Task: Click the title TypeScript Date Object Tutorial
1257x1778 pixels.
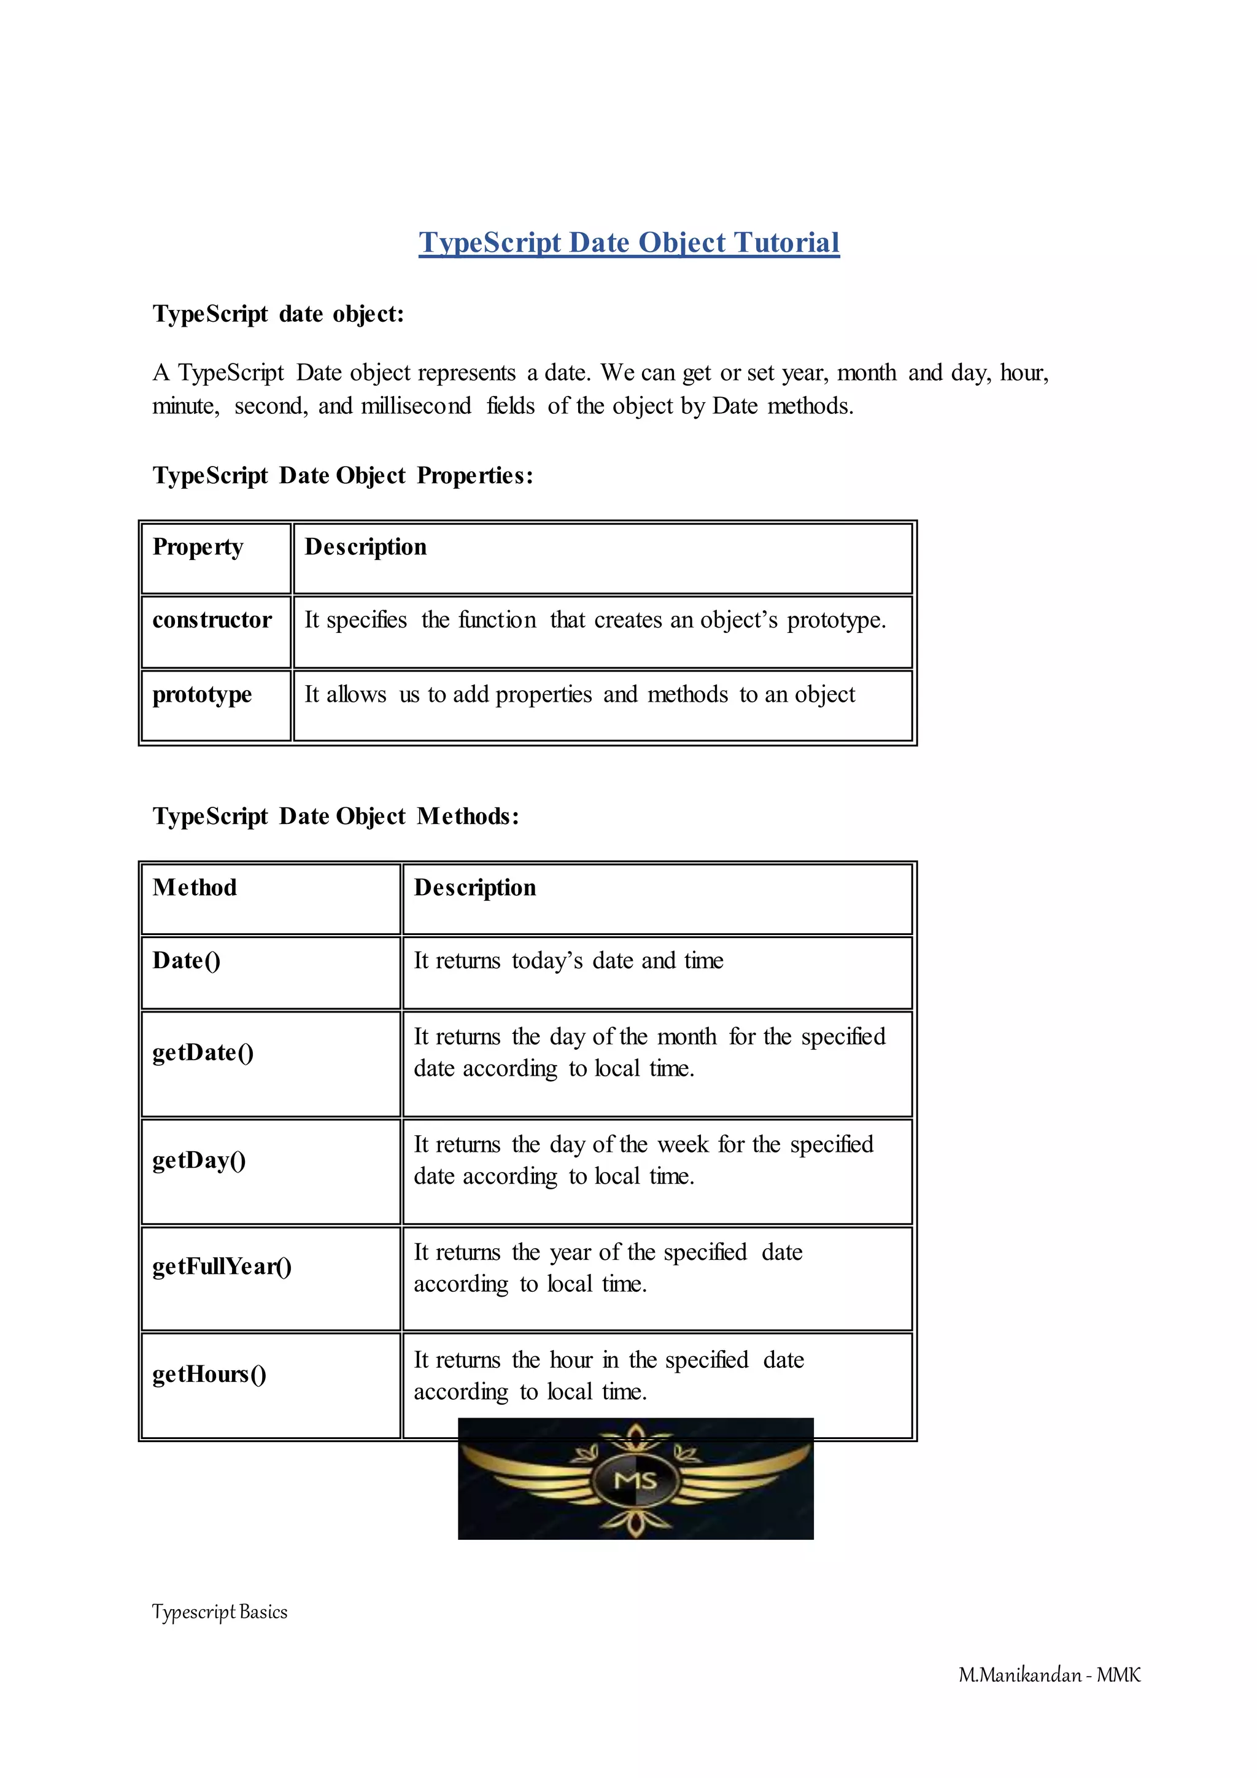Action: (628, 243)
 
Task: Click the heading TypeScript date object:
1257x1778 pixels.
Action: (278, 314)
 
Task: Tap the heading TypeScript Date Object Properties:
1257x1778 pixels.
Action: (343, 475)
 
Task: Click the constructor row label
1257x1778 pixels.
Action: (212, 619)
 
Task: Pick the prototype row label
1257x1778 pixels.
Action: (202, 694)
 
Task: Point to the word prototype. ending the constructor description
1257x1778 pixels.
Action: (836, 620)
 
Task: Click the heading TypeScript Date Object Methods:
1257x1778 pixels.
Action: (336, 815)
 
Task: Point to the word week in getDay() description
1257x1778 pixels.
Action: (684, 1144)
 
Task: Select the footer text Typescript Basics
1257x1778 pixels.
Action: (220, 1612)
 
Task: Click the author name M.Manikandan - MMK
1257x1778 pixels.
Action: (1050, 1675)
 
